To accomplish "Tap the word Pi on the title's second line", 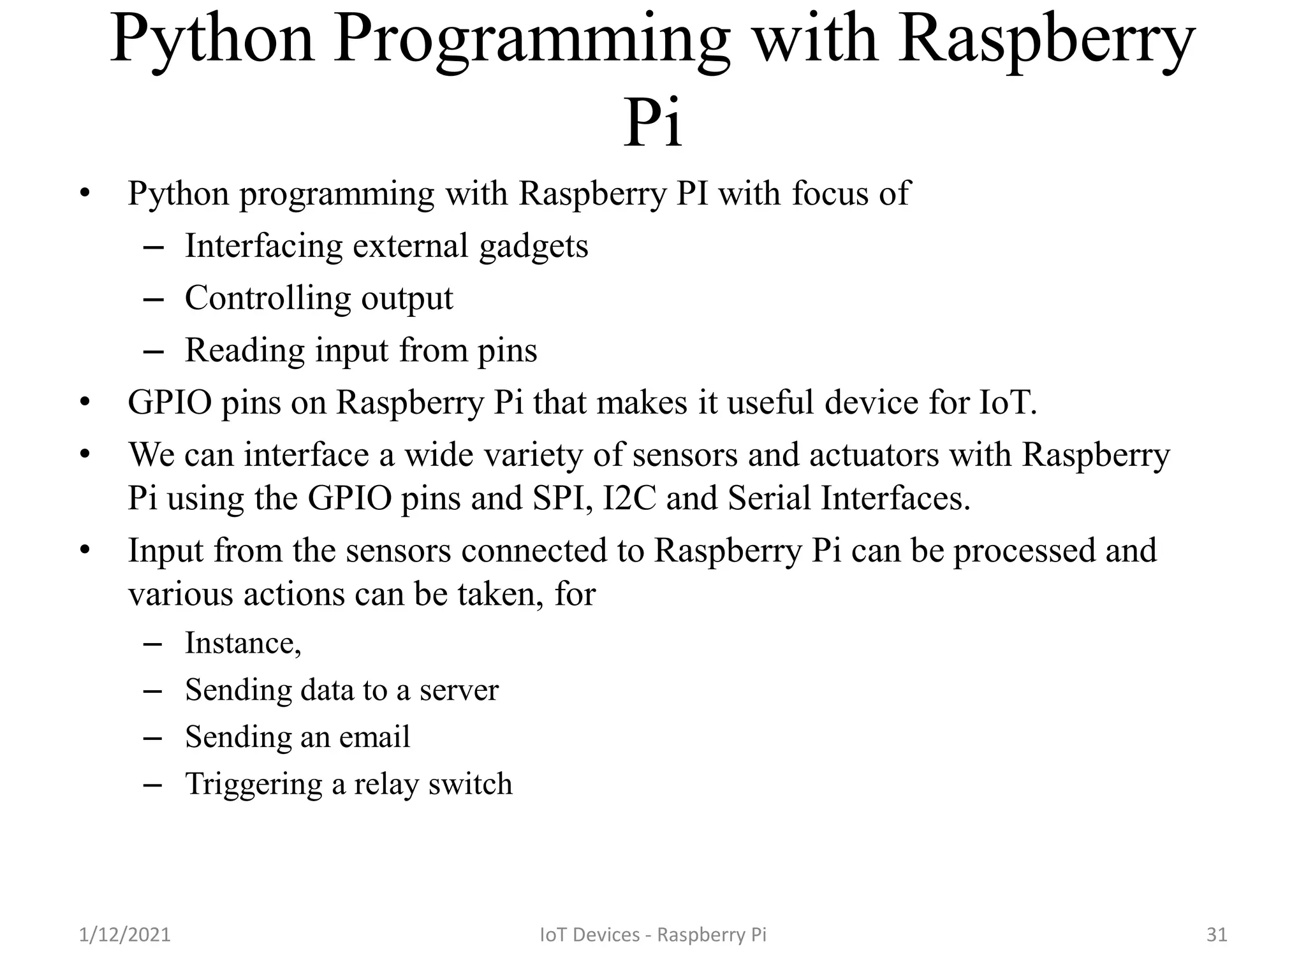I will [652, 122].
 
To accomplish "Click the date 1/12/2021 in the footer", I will [125, 934].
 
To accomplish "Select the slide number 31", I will [1217, 934].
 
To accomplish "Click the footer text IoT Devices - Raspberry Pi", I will [653, 934].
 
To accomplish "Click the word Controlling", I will [267, 298].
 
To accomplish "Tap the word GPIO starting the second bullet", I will [170, 403].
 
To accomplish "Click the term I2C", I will [629, 498].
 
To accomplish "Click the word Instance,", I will [243, 643].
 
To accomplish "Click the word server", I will [459, 690].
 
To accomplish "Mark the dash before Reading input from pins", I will [154, 351].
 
